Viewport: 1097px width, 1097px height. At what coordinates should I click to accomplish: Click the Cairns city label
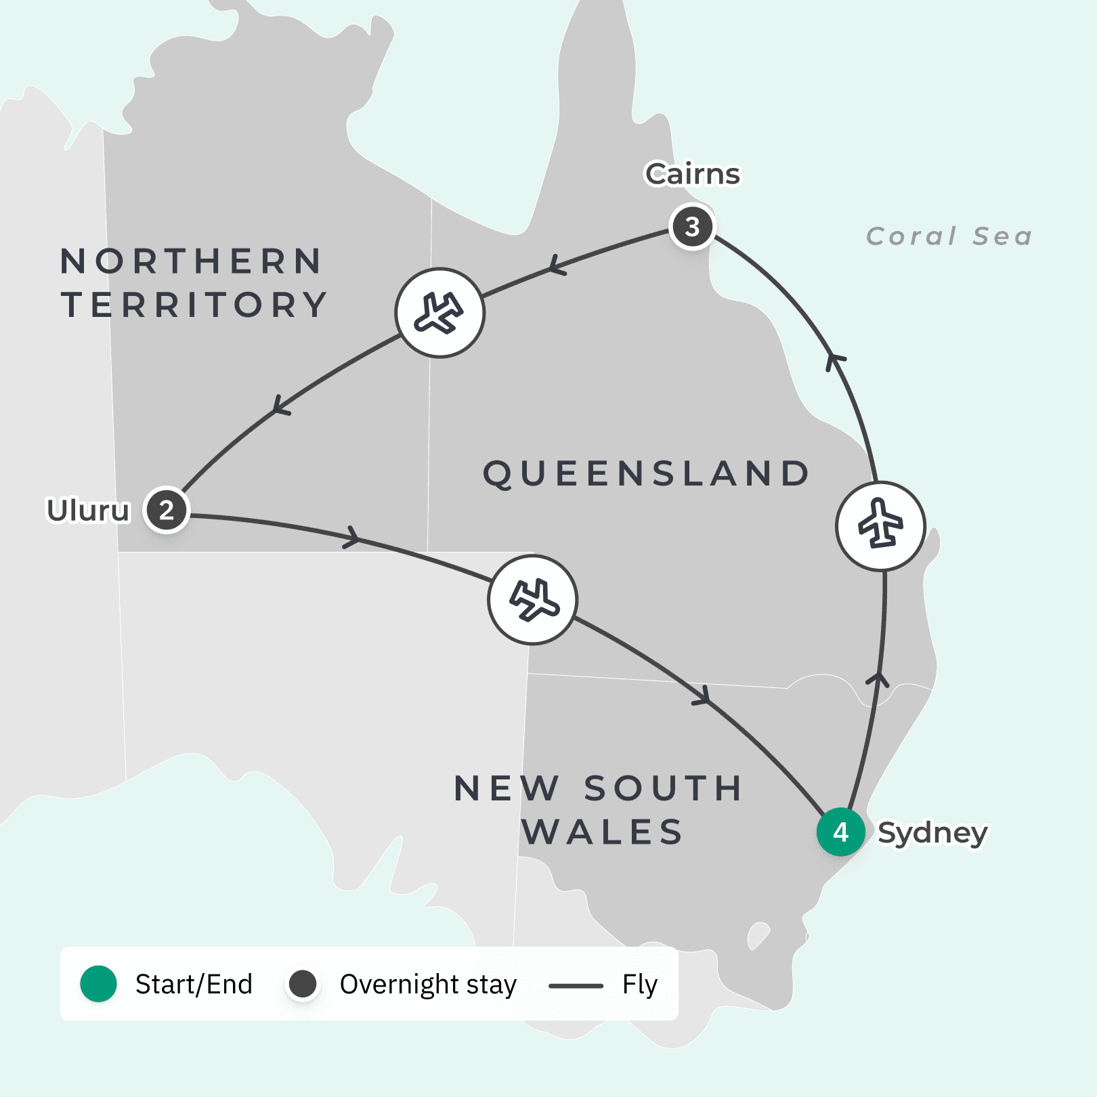(692, 174)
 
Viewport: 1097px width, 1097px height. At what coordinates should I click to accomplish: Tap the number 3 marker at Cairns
(691, 227)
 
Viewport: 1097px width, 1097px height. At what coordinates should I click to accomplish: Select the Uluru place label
(87, 511)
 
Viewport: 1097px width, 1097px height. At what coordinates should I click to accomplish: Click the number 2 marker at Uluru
(167, 510)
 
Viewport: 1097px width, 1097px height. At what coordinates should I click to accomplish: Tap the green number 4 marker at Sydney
(840, 832)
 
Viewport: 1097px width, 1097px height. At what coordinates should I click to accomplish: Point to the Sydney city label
(932, 833)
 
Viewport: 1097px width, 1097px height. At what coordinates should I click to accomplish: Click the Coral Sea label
(949, 236)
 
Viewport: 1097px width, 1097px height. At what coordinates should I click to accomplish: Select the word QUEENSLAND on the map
(646, 473)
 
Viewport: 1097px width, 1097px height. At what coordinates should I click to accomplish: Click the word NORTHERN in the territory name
(192, 261)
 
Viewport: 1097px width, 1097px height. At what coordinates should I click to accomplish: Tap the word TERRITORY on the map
(195, 305)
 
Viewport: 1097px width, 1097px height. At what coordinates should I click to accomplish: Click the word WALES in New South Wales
(602, 832)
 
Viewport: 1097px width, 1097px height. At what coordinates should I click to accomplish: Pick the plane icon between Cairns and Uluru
(440, 313)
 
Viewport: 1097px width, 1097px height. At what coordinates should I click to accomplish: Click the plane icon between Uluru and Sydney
(533, 600)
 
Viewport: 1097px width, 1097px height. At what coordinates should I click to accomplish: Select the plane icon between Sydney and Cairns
(880, 526)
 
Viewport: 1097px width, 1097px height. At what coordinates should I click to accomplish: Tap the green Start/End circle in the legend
(99, 984)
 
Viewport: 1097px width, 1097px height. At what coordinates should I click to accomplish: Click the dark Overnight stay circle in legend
(303, 984)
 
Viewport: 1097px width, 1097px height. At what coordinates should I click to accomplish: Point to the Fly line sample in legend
(576, 986)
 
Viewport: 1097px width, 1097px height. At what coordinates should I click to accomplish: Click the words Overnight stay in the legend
(428, 985)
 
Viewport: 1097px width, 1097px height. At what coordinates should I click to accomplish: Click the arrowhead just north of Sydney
(878, 679)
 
